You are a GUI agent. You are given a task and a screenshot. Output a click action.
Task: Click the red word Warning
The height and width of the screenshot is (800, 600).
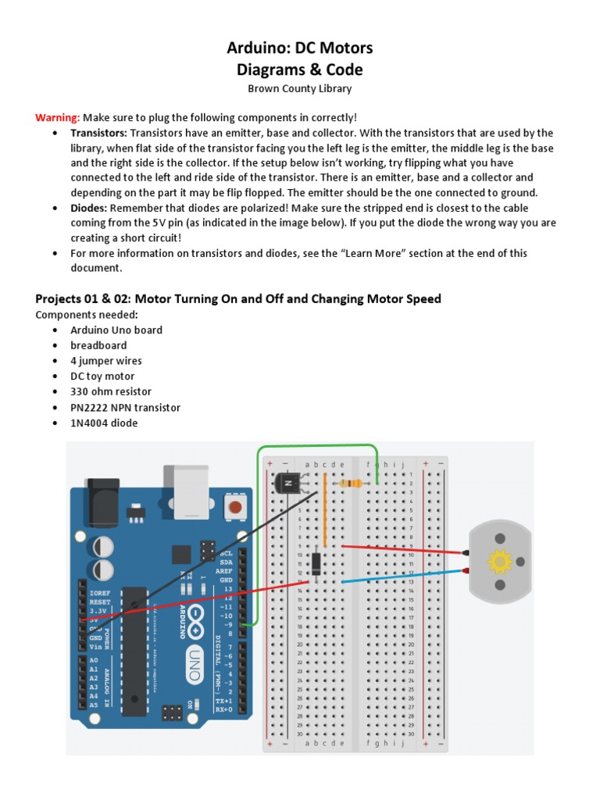(x=57, y=117)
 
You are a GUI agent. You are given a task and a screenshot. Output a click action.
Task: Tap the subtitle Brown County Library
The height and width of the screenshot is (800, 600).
(x=300, y=89)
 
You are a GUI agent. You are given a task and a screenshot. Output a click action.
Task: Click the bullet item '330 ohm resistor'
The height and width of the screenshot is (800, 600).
(x=111, y=391)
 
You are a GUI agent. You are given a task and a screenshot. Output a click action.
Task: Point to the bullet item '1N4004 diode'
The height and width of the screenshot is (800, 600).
(x=104, y=423)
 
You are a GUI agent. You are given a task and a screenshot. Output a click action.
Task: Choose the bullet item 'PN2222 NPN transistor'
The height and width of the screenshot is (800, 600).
(x=125, y=407)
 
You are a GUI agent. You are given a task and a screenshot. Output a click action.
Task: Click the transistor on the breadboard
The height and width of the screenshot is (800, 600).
(x=287, y=484)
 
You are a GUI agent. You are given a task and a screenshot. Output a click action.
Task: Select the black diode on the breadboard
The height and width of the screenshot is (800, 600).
(x=316, y=562)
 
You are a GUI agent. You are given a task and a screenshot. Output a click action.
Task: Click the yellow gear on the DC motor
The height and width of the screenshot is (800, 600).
(x=498, y=561)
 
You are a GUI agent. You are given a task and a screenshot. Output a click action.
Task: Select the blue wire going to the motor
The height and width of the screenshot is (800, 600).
(x=406, y=576)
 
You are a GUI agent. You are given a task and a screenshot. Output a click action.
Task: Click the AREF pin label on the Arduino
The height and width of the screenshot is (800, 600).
(x=226, y=570)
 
